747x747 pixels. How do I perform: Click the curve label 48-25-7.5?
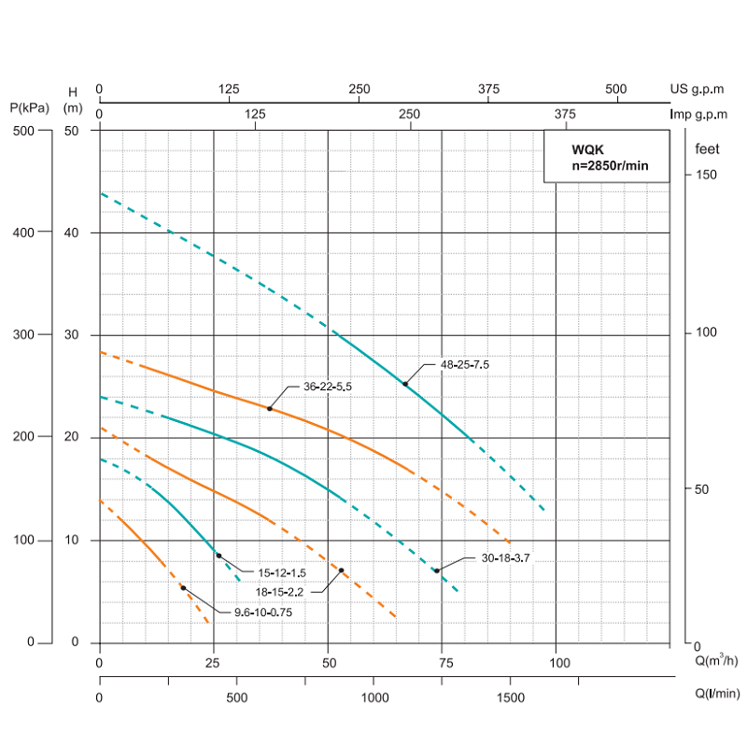click(x=463, y=365)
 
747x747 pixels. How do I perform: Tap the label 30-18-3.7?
click(x=505, y=557)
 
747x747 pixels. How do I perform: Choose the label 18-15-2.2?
click(x=281, y=590)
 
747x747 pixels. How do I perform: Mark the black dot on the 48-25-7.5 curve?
click(x=405, y=384)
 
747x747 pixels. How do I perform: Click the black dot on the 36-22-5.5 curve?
click(x=270, y=408)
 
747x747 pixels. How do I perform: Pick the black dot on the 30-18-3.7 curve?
click(x=436, y=570)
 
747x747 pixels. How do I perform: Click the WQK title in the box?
click(x=587, y=148)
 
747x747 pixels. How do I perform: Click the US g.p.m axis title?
click(x=697, y=89)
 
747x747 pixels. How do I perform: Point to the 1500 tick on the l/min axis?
click(x=510, y=698)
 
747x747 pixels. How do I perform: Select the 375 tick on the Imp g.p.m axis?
click(x=563, y=114)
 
